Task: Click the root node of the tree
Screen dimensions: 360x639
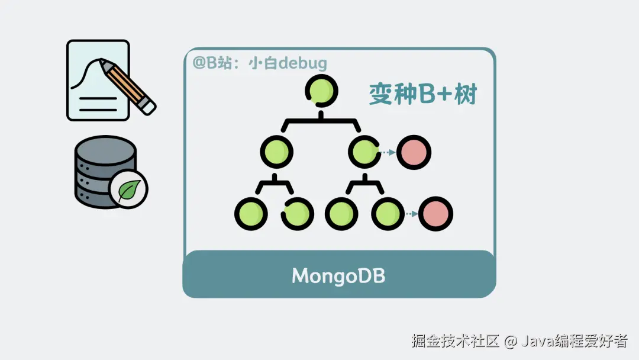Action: pyautogui.click(x=321, y=91)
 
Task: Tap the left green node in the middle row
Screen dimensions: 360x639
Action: pyautogui.click(x=276, y=153)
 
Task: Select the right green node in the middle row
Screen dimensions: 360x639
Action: pyautogui.click(x=364, y=152)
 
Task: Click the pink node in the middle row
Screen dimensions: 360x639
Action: pyautogui.click(x=414, y=153)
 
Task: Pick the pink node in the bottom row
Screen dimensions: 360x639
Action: pyautogui.click(x=435, y=213)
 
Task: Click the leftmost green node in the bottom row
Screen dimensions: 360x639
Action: pyautogui.click(x=251, y=213)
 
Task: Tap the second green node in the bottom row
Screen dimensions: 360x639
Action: pyautogui.click(x=298, y=213)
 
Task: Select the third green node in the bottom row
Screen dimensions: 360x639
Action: pyautogui.click(x=342, y=213)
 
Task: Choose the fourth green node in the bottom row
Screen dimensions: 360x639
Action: pyautogui.click(x=389, y=213)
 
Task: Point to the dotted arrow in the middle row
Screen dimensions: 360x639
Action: pyautogui.click(x=388, y=153)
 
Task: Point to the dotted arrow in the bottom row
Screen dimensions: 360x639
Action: pyautogui.click(x=411, y=213)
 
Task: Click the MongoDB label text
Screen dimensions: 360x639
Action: pyautogui.click(x=338, y=276)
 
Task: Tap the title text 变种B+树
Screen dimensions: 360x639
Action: pyautogui.click(x=422, y=94)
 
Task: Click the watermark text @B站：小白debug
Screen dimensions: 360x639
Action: pyautogui.click(x=259, y=63)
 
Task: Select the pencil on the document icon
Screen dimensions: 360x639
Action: pyautogui.click(x=127, y=86)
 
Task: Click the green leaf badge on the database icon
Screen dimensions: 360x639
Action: pyautogui.click(x=128, y=189)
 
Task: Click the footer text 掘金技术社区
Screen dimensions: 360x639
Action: pyautogui.click(x=456, y=341)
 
